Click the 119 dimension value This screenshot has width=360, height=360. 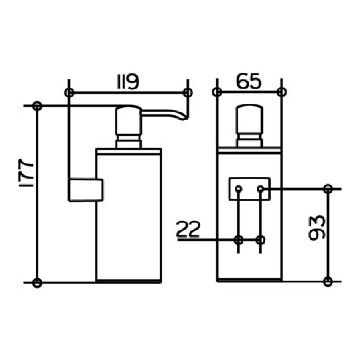coord(128,82)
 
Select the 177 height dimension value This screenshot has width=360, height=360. coord(26,173)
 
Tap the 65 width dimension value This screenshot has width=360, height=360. coord(249,81)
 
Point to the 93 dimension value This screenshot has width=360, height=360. coord(317,228)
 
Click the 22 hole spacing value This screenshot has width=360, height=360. coord(188,229)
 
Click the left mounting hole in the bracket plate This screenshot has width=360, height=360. coord(239,189)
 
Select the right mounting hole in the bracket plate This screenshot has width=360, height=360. coord(260,189)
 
